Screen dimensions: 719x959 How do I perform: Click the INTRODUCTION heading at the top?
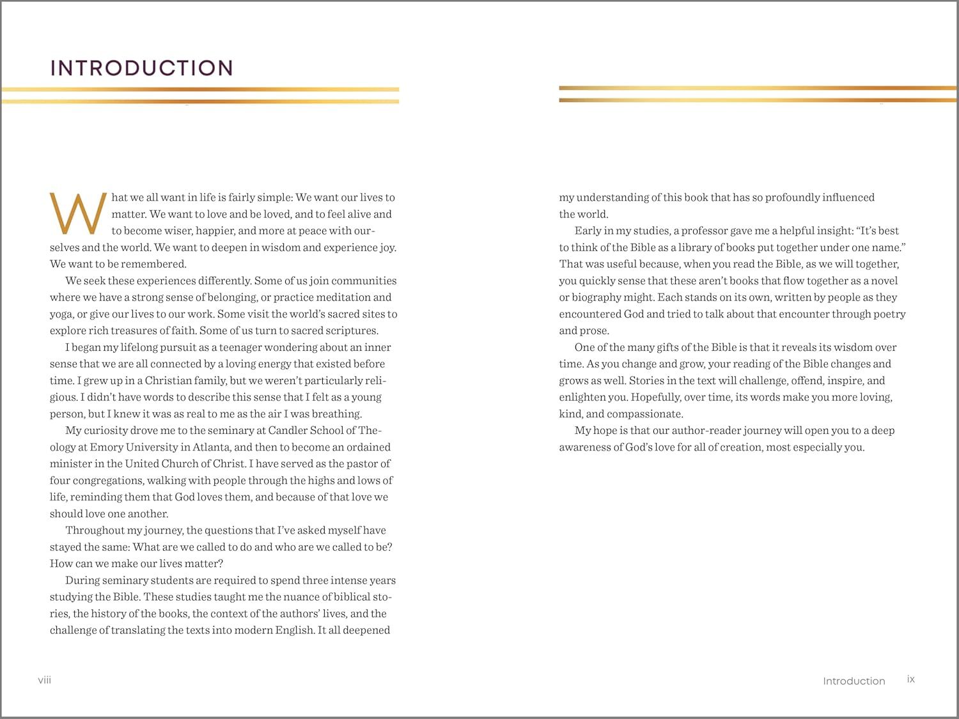pos(141,68)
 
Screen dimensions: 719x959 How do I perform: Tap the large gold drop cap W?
pos(78,213)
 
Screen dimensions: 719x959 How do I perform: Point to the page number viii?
pos(45,679)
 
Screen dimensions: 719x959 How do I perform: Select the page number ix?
pos(911,679)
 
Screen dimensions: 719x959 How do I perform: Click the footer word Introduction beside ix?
pos(854,681)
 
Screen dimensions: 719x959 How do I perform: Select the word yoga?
pos(61,314)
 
